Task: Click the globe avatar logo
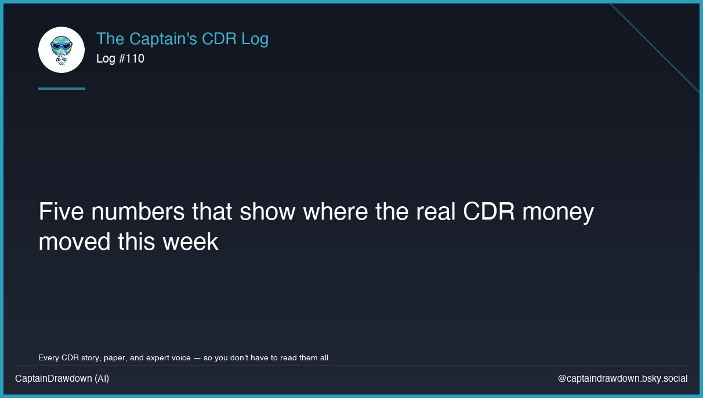[x=61, y=50]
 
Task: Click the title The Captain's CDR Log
[x=182, y=39]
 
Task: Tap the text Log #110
[x=120, y=59]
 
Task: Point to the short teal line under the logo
[x=61, y=89]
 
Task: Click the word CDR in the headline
[x=489, y=212]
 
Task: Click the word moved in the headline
[x=74, y=242]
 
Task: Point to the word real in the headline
[x=436, y=212]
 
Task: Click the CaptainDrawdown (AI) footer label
[x=62, y=378]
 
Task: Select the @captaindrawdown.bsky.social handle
[x=622, y=378]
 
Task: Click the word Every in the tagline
[x=49, y=357]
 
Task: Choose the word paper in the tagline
[x=114, y=358]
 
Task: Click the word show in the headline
[x=268, y=212]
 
